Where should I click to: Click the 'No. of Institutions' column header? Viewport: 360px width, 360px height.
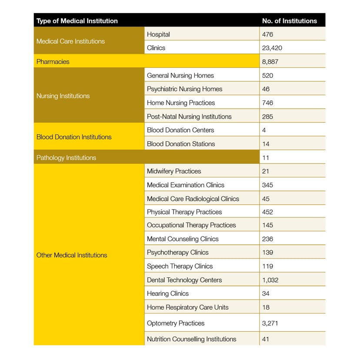(x=289, y=21)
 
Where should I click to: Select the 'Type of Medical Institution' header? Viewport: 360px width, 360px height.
(x=77, y=21)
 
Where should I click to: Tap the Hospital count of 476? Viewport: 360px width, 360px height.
(x=268, y=34)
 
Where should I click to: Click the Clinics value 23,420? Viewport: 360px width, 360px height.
(x=272, y=48)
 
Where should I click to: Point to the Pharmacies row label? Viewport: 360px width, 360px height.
(x=53, y=62)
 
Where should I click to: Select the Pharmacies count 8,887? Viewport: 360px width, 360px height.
(x=270, y=62)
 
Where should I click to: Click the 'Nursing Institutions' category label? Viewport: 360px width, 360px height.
(x=63, y=96)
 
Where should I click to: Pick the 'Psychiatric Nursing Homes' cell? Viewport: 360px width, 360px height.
(x=184, y=89)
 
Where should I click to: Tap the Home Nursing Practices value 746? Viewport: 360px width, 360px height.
(x=268, y=103)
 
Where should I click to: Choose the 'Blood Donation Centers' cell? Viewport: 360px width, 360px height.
(x=180, y=130)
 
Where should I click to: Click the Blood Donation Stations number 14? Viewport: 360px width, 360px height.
(x=266, y=144)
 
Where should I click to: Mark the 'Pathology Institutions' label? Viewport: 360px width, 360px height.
(x=66, y=158)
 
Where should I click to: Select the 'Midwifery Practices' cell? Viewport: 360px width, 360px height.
(x=174, y=171)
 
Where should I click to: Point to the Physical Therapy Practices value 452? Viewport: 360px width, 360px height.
(x=268, y=212)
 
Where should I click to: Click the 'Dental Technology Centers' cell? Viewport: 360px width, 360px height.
(x=184, y=280)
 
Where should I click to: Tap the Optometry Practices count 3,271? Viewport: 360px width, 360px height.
(x=270, y=323)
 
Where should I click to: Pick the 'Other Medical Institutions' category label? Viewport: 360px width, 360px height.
(x=72, y=255)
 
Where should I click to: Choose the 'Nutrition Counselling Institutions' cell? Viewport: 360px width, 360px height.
(x=191, y=339)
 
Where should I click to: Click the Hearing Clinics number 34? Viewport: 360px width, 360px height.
(x=266, y=294)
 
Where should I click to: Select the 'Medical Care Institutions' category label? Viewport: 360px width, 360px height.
(x=70, y=41)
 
